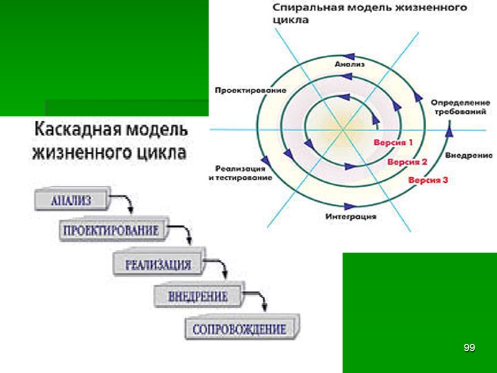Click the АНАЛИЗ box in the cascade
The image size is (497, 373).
coord(71,200)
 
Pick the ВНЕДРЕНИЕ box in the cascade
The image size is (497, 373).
coord(198,296)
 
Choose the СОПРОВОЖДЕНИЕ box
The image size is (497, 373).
coord(239,329)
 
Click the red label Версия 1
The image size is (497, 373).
coord(393,142)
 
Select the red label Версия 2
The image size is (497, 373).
coord(407,162)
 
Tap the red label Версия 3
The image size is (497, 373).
coord(428,180)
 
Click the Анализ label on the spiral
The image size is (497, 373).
coord(346,64)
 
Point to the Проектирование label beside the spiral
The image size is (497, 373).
coord(250,90)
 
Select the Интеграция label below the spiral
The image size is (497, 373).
coord(350,217)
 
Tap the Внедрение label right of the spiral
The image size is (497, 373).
coord(469,155)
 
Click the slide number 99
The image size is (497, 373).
coord(469,348)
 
